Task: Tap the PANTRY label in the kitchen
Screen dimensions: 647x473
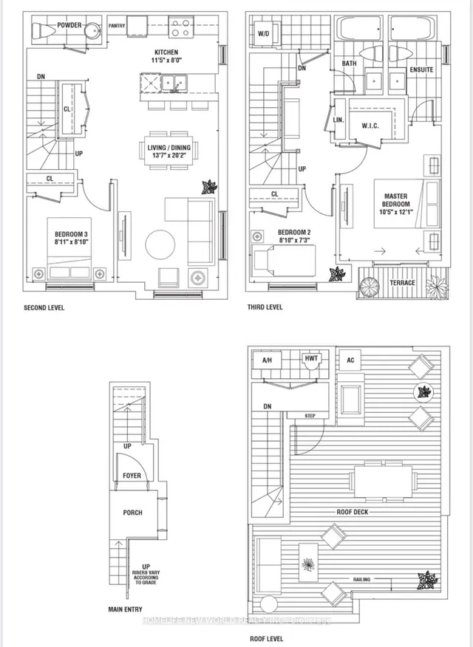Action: point(117,26)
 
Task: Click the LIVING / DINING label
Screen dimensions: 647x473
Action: point(169,148)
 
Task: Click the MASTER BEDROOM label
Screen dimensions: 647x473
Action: point(395,200)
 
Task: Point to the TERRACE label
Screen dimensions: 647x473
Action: point(403,283)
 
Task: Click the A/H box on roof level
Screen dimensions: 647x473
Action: point(268,360)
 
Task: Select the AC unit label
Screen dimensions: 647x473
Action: point(352,360)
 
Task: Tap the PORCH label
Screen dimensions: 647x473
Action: point(132,513)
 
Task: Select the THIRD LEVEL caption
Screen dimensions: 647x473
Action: point(265,307)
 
